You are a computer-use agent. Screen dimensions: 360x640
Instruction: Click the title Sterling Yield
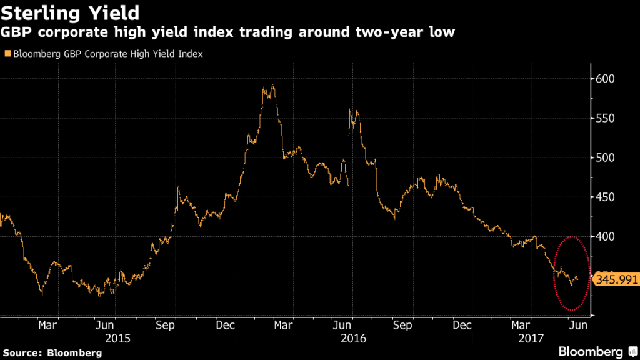[x=70, y=12]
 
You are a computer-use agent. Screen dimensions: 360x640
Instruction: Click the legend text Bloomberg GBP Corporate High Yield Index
[x=106, y=54]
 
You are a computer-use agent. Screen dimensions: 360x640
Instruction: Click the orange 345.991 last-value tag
[x=615, y=279]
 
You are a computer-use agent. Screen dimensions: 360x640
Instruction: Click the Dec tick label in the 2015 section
[x=226, y=325]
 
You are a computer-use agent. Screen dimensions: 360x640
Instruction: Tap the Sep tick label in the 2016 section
[x=403, y=325]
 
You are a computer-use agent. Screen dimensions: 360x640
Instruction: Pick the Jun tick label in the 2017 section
[x=577, y=325]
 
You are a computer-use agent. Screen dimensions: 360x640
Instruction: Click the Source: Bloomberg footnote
[x=51, y=352]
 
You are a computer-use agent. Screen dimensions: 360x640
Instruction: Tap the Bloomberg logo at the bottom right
[x=594, y=351]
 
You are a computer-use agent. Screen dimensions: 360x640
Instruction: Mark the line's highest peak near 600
[x=272, y=86]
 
